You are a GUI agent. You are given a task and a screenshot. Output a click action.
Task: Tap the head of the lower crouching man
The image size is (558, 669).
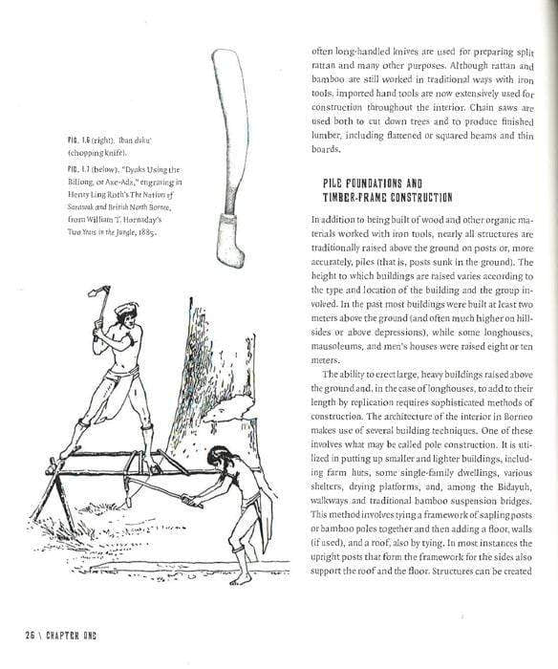pyautogui.click(x=220, y=458)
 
